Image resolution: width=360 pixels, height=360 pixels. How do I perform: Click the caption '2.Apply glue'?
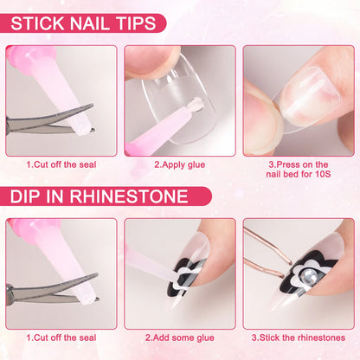[179, 164]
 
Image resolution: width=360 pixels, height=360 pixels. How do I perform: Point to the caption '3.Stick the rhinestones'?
[298, 337]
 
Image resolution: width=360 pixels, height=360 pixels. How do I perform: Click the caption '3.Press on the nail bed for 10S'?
[298, 170]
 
